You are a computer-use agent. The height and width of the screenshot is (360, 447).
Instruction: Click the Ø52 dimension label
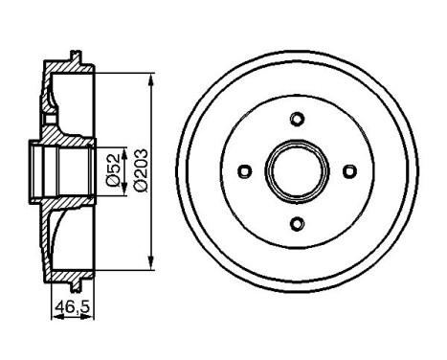point(112,170)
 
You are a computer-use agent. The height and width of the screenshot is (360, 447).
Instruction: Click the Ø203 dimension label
point(140,170)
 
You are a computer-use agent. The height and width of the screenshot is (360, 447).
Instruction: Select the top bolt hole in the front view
point(297,119)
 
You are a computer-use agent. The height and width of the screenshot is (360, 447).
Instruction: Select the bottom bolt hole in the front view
point(297,223)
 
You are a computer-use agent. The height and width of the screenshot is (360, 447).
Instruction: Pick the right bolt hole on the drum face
point(349,171)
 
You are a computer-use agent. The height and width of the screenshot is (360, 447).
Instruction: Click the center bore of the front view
point(297,171)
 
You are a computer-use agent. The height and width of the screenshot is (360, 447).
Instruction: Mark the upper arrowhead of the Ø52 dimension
point(123,145)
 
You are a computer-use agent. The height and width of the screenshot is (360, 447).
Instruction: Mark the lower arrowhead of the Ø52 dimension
point(123,196)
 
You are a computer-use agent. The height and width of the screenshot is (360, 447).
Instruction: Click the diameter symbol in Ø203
point(140,187)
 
